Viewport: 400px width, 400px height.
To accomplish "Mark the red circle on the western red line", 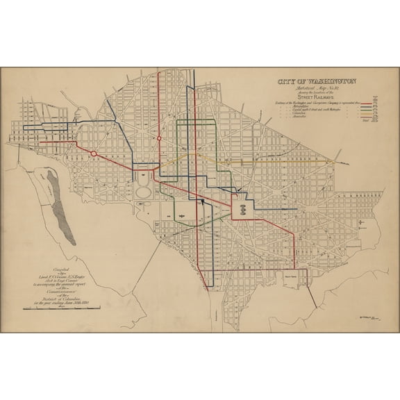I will (x=94, y=152).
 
